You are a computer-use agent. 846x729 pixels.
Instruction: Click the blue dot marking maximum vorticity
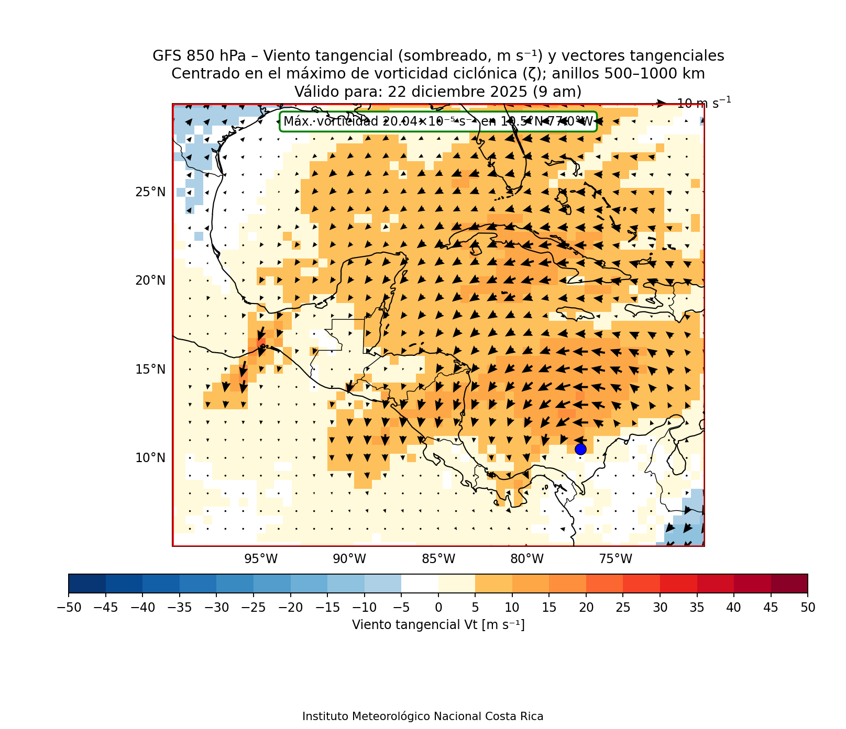580,449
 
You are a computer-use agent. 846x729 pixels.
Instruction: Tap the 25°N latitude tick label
150,192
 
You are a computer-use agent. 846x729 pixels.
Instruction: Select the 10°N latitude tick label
150,458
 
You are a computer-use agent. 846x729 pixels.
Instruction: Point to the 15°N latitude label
150,369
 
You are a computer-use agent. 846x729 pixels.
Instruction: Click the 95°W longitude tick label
261,559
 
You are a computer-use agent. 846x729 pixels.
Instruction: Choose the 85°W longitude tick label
438,559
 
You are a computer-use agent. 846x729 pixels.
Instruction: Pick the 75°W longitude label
616,559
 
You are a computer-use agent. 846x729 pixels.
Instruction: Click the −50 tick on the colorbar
68,608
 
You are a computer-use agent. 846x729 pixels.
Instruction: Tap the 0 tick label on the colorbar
438,608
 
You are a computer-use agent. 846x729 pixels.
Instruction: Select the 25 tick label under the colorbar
623,608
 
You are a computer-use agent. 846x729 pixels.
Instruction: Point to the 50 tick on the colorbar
807,608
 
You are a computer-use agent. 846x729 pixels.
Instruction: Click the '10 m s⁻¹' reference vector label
704,103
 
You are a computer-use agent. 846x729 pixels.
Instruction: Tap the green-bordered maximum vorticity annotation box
438,122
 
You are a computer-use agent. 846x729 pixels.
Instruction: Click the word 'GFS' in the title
165,56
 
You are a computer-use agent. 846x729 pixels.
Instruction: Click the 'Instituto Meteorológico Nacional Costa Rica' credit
423,716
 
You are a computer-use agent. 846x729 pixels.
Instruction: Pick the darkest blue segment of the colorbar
87,584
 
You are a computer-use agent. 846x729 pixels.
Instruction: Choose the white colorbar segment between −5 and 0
420,584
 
